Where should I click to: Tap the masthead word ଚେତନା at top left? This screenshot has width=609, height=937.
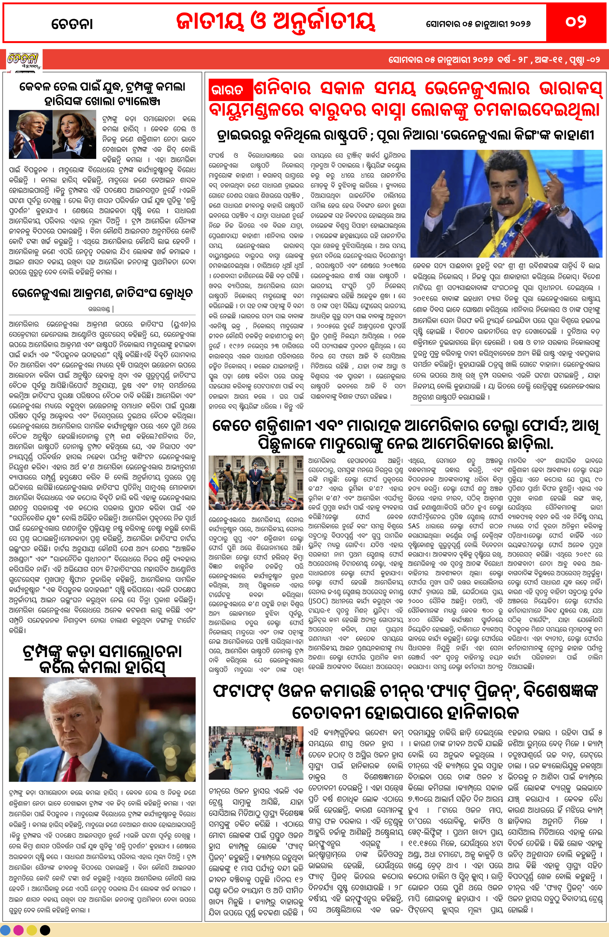click(x=72, y=24)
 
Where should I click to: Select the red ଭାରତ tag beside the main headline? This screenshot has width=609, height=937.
click(x=230, y=91)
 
